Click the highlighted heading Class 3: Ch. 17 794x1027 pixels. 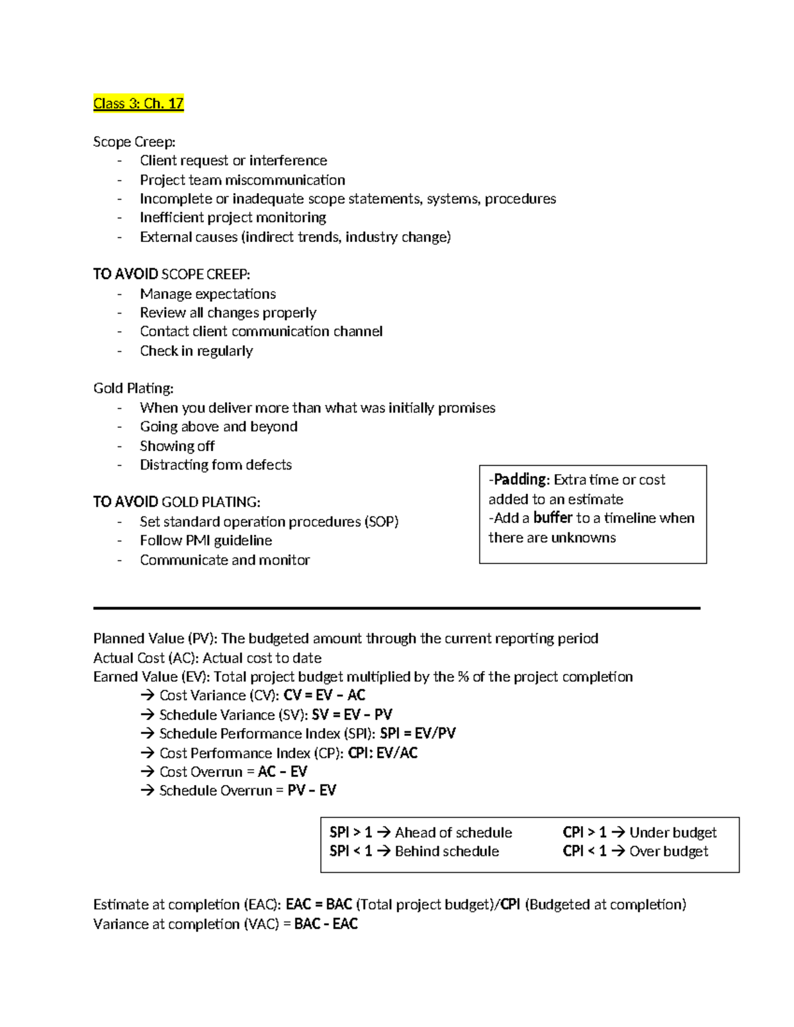click(x=138, y=103)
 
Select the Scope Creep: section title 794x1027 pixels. click(x=134, y=142)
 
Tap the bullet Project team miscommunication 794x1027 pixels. click(x=242, y=180)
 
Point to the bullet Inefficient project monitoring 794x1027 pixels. click(x=233, y=218)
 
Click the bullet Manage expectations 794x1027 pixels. click(x=208, y=294)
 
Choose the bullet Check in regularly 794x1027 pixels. click(x=196, y=350)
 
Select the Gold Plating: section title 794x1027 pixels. click(x=133, y=388)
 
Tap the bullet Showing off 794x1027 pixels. click(x=177, y=446)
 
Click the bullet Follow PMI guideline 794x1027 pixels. click(x=206, y=540)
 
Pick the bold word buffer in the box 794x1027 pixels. click(x=552, y=518)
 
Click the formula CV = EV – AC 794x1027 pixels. click(x=324, y=695)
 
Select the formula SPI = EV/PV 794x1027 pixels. click(x=418, y=733)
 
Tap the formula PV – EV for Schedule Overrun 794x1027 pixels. click(x=312, y=790)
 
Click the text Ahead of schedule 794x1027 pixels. click(x=453, y=833)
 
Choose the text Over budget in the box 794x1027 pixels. click(x=668, y=851)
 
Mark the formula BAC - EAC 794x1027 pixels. click(x=326, y=924)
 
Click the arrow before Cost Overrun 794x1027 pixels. click(x=147, y=772)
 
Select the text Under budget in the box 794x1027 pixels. click(x=673, y=833)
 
